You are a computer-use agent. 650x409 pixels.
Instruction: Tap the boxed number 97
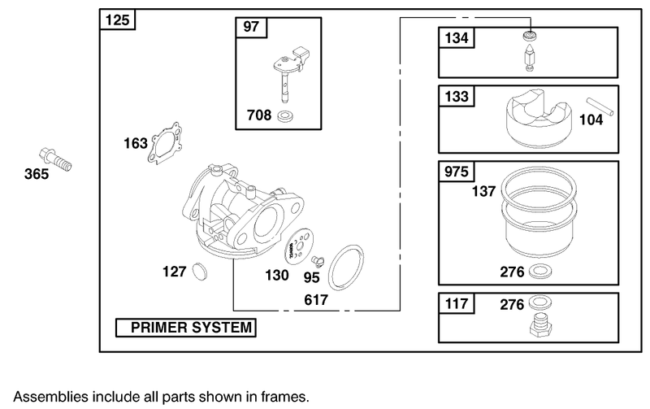(x=251, y=27)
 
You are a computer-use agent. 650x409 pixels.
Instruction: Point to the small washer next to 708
(x=285, y=118)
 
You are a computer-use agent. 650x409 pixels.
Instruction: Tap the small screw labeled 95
(x=318, y=260)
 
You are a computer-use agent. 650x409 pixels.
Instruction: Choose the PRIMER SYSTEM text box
(x=184, y=328)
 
